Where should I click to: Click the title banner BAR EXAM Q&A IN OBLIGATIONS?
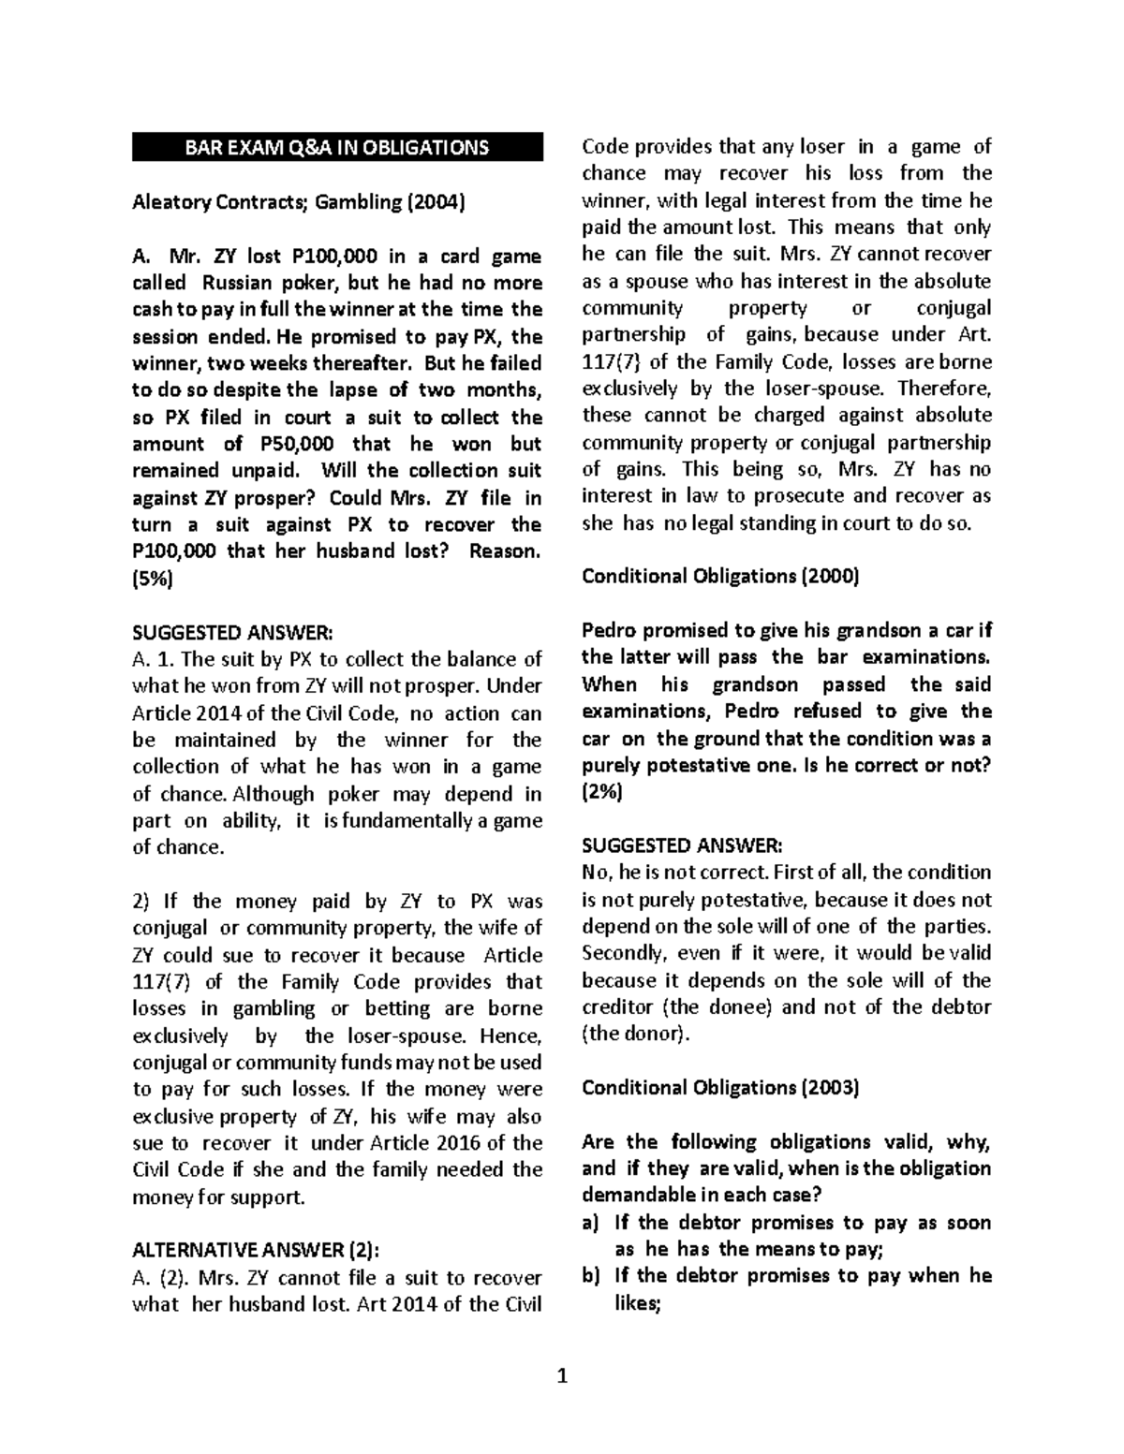[336, 147]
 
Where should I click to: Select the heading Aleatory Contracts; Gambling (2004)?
[298, 201]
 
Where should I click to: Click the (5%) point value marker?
[152, 579]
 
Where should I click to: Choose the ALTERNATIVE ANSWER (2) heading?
[257, 1250]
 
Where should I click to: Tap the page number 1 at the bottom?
[562, 1375]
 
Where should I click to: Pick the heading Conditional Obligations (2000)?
[719, 576]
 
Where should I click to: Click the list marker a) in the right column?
[590, 1223]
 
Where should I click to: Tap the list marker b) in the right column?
[590, 1276]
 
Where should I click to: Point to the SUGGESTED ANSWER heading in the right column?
[681, 845]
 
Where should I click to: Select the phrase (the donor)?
[635, 1034]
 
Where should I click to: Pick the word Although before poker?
[274, 794]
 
